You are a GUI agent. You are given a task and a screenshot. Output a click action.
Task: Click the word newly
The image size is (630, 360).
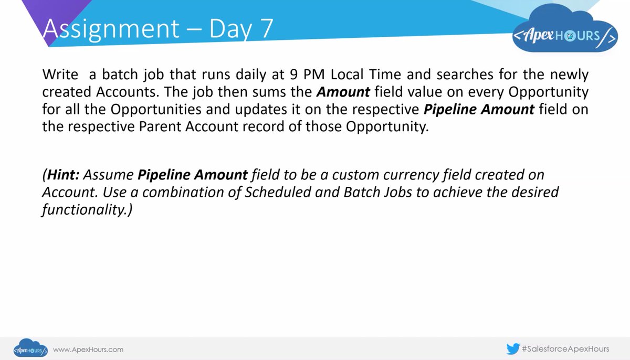[x=568, y=75]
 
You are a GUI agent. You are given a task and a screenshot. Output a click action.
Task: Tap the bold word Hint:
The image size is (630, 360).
[x=63, y=174]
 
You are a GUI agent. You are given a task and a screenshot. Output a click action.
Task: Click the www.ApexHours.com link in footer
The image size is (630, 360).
[x=88, y=349]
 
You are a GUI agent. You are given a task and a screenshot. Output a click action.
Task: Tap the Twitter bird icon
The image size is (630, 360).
[x=513, y=348]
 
